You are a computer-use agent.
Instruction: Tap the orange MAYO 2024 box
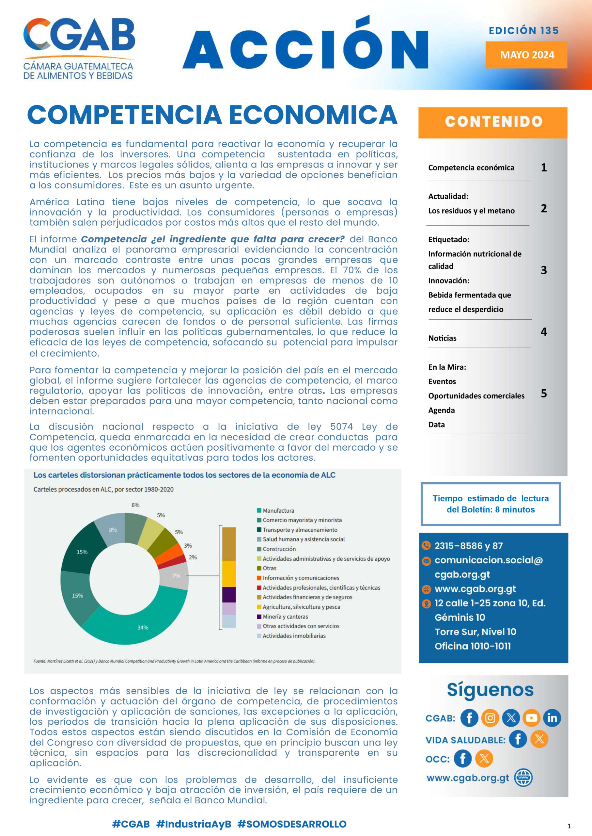526,55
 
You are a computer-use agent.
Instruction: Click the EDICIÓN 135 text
523,30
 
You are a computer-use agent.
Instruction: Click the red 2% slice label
193,557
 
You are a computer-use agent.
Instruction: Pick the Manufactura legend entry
278,511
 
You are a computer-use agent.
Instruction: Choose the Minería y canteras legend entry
285,617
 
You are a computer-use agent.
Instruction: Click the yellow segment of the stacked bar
229,573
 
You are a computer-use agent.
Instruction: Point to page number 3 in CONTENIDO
543,270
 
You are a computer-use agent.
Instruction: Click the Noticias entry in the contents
442,338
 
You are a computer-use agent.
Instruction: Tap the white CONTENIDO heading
493,121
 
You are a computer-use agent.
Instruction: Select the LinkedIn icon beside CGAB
552,718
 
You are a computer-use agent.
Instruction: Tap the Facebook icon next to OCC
462,759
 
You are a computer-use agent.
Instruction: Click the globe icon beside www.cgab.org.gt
523,778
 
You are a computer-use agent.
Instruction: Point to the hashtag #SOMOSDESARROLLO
292,824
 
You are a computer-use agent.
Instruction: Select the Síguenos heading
490,690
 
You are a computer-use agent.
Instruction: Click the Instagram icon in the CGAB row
490,718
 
